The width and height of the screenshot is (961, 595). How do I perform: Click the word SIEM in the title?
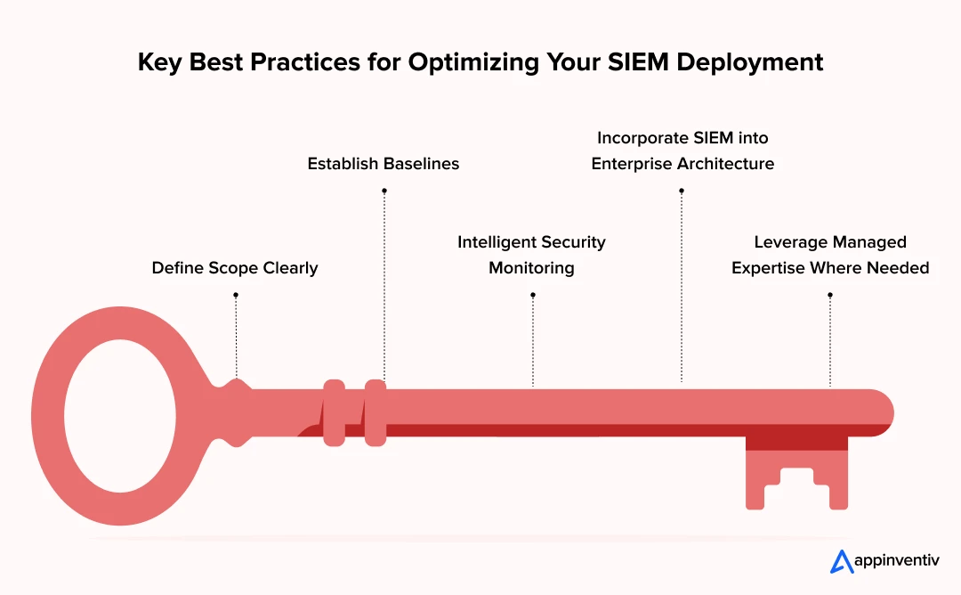pyautogui.click(x=638, y=62)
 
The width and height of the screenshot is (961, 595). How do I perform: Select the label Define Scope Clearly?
pyautogui.click(x=235, y=268)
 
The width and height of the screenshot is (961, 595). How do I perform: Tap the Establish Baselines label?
pyautogui.click(x=383, y=164)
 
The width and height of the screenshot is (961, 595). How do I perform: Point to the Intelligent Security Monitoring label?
pyautogui.click(x=531, y=255)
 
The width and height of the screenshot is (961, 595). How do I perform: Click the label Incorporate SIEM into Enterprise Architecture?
pyautogui.click(x=682, y=151)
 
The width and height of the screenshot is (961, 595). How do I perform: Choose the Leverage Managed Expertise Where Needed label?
pyautogui.click(x=830, y=255)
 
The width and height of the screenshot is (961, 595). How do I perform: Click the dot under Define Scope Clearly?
pyautogui.click(x=236, y=295)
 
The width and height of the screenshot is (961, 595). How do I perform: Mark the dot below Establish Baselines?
pyautogui.click(x=384, y=191)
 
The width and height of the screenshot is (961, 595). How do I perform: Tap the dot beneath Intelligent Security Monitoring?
pyautogui.click(x=533, y=295)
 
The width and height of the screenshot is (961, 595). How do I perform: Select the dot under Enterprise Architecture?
pyautogui.click(x=682, y=191)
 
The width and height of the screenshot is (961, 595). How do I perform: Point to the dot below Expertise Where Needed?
pyautogui.click(x=830, y=295)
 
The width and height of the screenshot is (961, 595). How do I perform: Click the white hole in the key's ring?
pyautogui.click(x=120, y=416)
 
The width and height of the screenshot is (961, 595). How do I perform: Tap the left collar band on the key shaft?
pyautogui.click(x=334, y=412)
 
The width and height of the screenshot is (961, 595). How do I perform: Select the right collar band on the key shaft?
pyautogui.click(x=376, y=412)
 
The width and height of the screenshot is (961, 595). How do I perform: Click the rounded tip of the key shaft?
pyautogui.click(x=883, y=412)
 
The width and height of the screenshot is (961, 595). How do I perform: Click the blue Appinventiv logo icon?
pyautogui.click(x=842, y=562)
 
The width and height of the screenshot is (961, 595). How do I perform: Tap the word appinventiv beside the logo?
pyautogui.click(x=897, y=560)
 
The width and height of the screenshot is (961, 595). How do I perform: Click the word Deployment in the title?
pyautogui.click(x=749, y=62)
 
